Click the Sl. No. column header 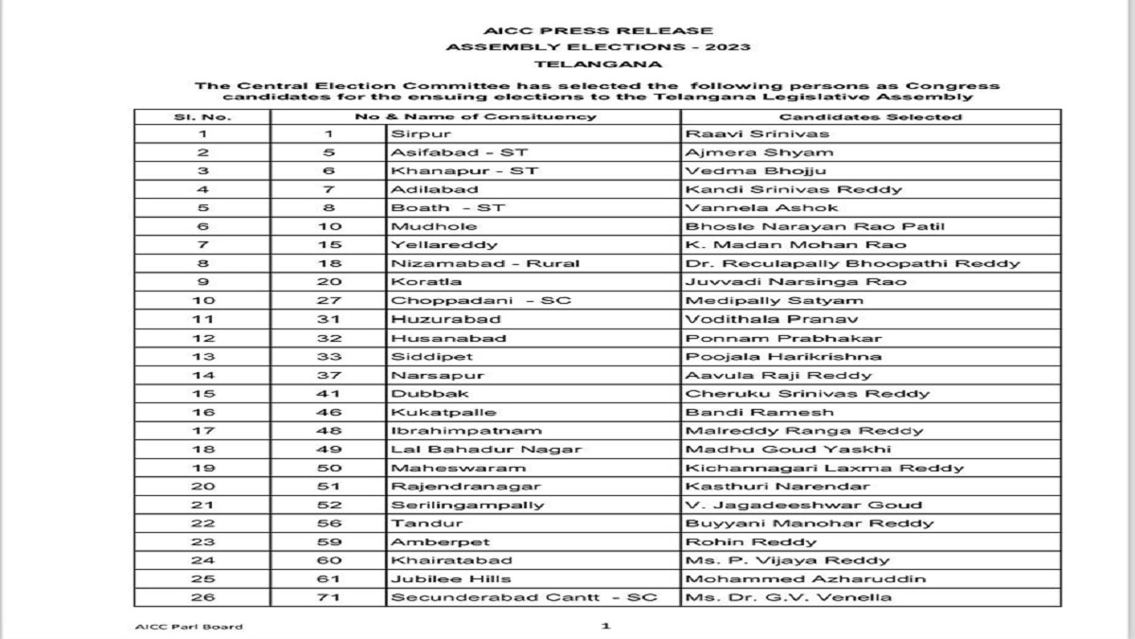coord(201,116)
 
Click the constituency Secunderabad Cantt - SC coord(523,597)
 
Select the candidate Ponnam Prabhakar coord(782,338)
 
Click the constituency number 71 coord(327,597)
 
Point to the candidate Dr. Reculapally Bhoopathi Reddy coord(852,263)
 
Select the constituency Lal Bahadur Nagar coord(486,449)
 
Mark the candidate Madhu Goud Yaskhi coord(788,449)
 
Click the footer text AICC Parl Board coord(189,627)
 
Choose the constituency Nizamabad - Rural coord(485,263)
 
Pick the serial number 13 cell coord(201,356)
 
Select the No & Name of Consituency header coord(475,116)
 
